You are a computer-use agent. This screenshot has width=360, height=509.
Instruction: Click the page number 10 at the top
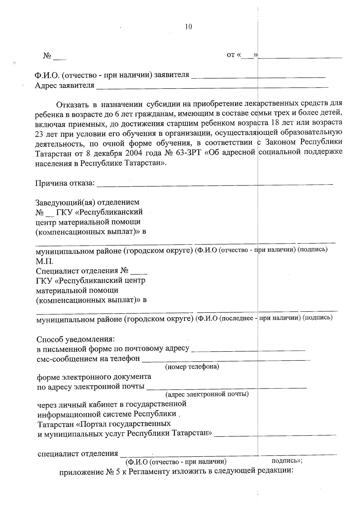[189, 27]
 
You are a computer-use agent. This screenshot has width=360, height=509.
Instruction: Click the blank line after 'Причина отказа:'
[214, 184]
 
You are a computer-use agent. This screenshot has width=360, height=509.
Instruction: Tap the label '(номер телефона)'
[192, 367]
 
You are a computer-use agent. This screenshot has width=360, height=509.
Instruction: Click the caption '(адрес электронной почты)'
[207, 394]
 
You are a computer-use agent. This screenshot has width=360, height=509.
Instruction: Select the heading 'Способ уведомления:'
[76, 339]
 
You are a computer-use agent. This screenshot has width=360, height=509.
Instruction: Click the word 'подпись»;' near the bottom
[286, 461]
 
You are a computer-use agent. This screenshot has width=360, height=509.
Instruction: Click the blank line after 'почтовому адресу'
[248, 350]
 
